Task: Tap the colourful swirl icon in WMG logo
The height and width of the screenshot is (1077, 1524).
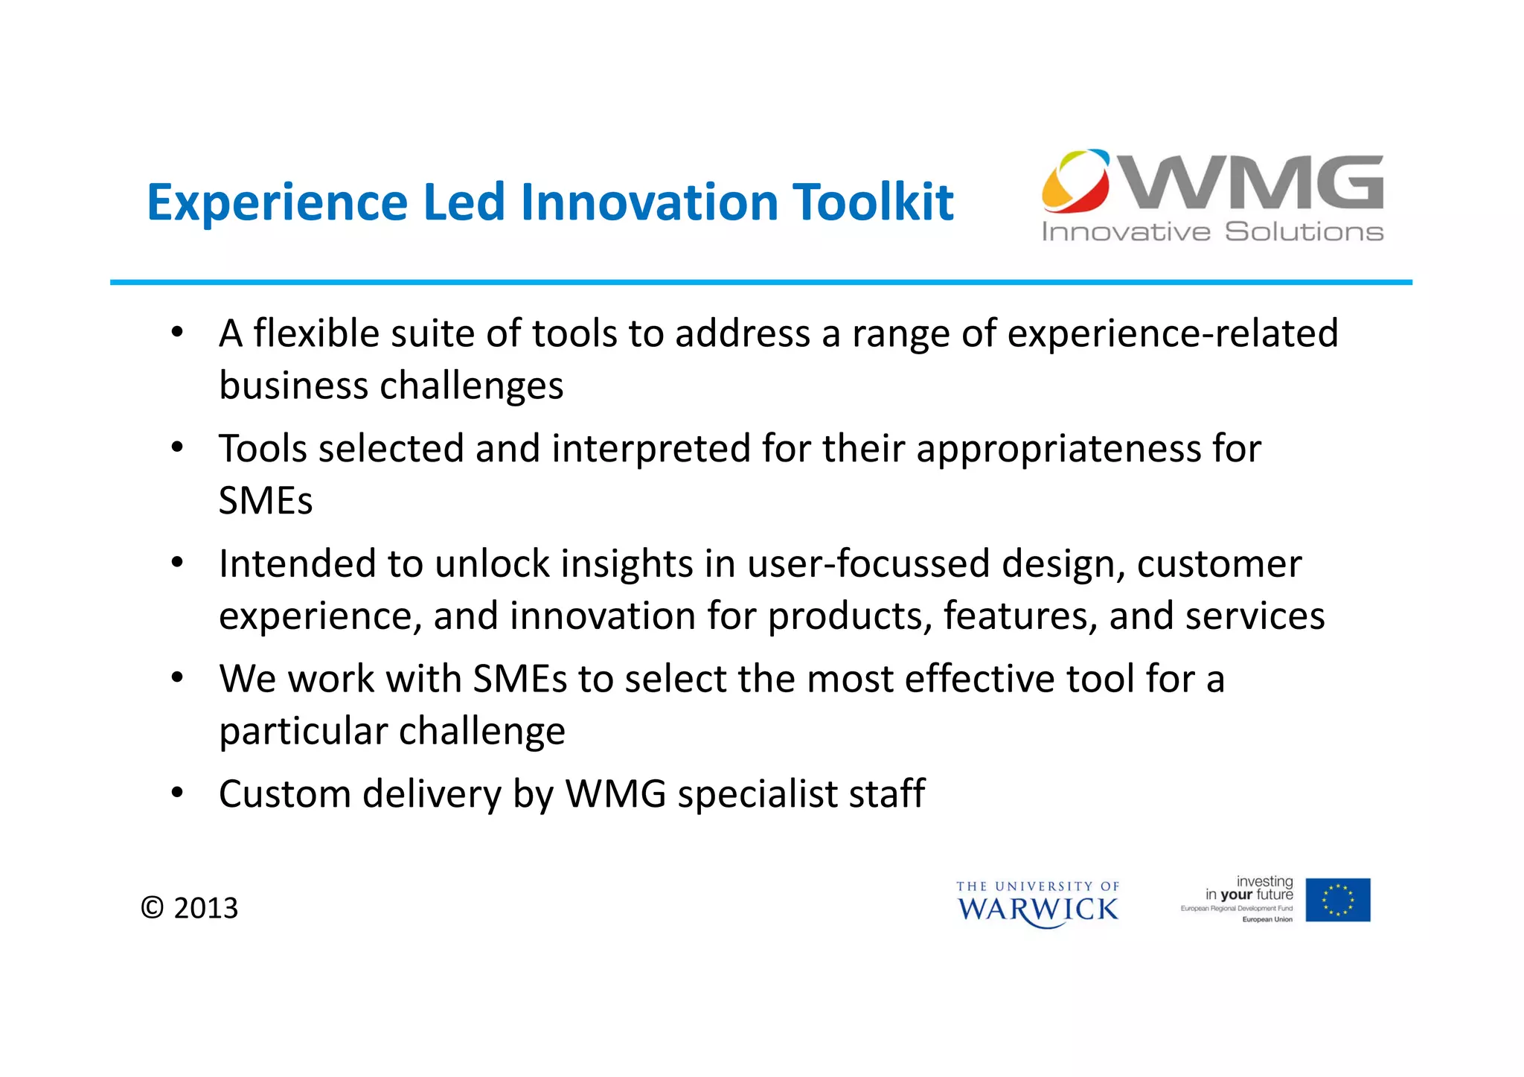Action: click(x=1075, y=181)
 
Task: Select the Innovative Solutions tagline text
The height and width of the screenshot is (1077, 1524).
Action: click(x=1212, y=231)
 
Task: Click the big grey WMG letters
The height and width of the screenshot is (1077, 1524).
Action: click(x=1254, y=182)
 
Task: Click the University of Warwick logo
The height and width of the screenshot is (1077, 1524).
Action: click(x=1037, y=904)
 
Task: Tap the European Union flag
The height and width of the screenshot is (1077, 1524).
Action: click(x=1337, y=900)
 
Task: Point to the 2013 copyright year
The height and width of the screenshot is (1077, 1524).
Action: click(x=205, y=908)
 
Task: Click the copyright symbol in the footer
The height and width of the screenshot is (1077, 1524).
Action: click(x=153, y=908)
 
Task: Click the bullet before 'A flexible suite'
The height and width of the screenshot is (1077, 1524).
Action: click(x=177, y=332)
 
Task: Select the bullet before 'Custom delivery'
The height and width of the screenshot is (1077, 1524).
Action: click(x=177, y=793)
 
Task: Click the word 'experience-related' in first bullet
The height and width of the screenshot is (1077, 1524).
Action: click(x=1172, y=333)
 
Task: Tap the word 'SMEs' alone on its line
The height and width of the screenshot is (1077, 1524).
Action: click(x=266, y=501)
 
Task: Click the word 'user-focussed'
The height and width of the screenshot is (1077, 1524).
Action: click(x=868, y=564)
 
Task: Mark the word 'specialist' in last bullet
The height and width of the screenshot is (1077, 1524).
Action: click(x=757, y=794)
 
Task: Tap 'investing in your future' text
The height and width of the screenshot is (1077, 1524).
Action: click(x=1250, y=888)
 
